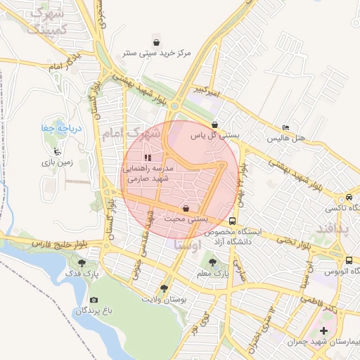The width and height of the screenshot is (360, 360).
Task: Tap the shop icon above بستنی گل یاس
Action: pos(224,124)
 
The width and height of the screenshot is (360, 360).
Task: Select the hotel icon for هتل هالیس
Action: pos(285,127)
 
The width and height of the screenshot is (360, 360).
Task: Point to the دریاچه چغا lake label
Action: pos(52,129)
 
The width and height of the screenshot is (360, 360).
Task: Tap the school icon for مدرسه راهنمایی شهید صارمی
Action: pos(147,157)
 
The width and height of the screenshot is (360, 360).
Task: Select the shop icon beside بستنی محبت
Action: pos(185,209)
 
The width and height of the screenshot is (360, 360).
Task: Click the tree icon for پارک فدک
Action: pos(82,263)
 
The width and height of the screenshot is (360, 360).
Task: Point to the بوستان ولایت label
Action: pos(166,300)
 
